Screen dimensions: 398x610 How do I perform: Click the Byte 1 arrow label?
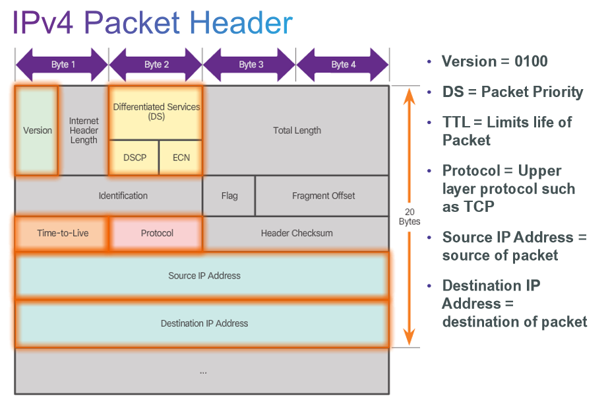coord(63,65)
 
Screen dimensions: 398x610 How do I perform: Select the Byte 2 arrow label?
coord(156,65)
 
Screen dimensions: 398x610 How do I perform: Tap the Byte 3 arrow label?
coord(251,65)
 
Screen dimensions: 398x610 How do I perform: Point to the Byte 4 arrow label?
coord(344,65)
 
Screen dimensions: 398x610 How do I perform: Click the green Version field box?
coord(37,130)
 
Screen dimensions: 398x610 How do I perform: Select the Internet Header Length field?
coord(84,130)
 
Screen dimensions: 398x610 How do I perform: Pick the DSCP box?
coord(135,158)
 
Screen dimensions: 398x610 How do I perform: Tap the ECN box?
coord(181,158)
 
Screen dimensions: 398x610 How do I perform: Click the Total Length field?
coord(297,130)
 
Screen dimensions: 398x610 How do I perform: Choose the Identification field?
coord(123,195)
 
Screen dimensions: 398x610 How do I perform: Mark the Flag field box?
coord(229,195)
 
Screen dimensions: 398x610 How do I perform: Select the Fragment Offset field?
coord(323,195)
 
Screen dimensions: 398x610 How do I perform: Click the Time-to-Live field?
coord(62,233)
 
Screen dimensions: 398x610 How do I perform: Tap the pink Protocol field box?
coord(157,233)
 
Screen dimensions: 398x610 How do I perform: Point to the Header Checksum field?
coord(297,233)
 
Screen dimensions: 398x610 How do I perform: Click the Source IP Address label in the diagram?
coord(204,275)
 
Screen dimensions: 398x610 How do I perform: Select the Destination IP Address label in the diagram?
coord(204,323)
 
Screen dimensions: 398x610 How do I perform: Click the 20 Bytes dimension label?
coord(410,216)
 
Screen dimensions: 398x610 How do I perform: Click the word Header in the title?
coord(241,23)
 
